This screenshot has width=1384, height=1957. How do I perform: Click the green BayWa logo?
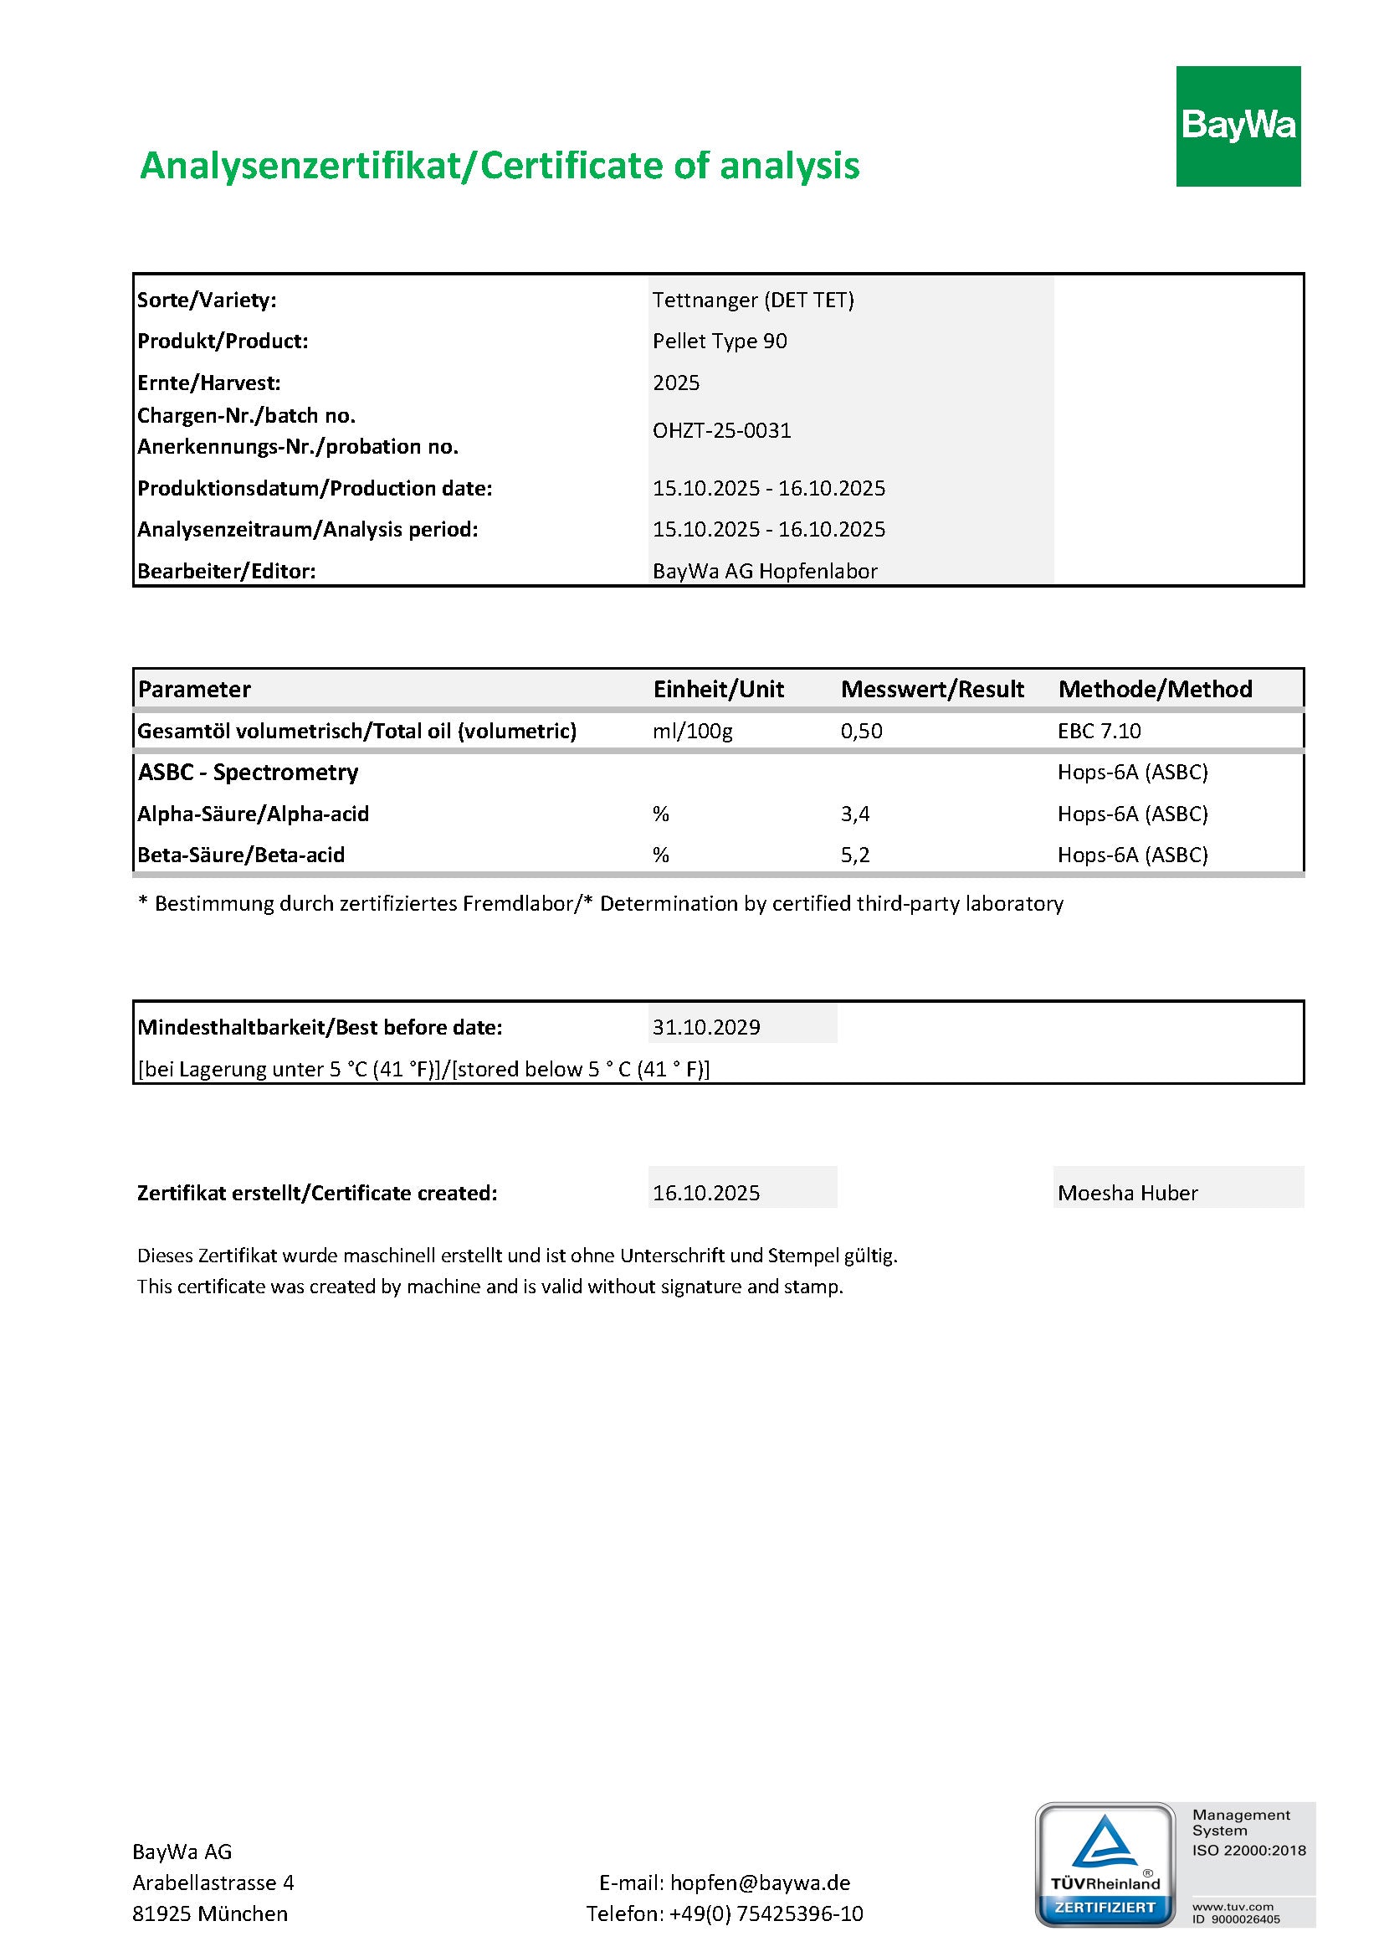(1238, 126)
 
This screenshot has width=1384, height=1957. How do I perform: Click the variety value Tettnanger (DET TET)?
(752, 300)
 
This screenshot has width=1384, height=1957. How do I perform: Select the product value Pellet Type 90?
(720, 341)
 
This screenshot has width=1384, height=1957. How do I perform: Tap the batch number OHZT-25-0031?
(722, 430)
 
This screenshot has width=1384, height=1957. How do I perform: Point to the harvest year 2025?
(676, 383)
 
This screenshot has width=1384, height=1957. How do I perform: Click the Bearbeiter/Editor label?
(227, 571)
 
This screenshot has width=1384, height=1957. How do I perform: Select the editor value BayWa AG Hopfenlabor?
(765, 571)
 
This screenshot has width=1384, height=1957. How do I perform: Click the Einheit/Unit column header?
(719, 689)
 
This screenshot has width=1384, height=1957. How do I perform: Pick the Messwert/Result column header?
(932, 689)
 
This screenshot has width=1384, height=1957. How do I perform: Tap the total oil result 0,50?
(862, 731)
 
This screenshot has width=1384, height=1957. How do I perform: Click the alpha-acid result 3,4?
(855, 814)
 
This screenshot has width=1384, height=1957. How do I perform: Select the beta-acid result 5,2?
(855, 855)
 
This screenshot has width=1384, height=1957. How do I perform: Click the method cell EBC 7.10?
(1100, 731)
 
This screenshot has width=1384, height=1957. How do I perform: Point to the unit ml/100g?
(692, 731)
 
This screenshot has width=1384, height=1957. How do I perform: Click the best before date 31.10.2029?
(706, 1027)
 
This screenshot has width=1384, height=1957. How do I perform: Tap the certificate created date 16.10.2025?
(706, 1193)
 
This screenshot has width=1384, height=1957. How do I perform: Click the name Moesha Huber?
(1127, 1193)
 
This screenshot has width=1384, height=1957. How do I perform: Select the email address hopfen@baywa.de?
(760, 1882)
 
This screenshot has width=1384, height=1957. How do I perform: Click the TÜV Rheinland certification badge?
(1105, 1864)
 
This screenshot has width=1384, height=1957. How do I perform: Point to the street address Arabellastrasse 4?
(213, 1882)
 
